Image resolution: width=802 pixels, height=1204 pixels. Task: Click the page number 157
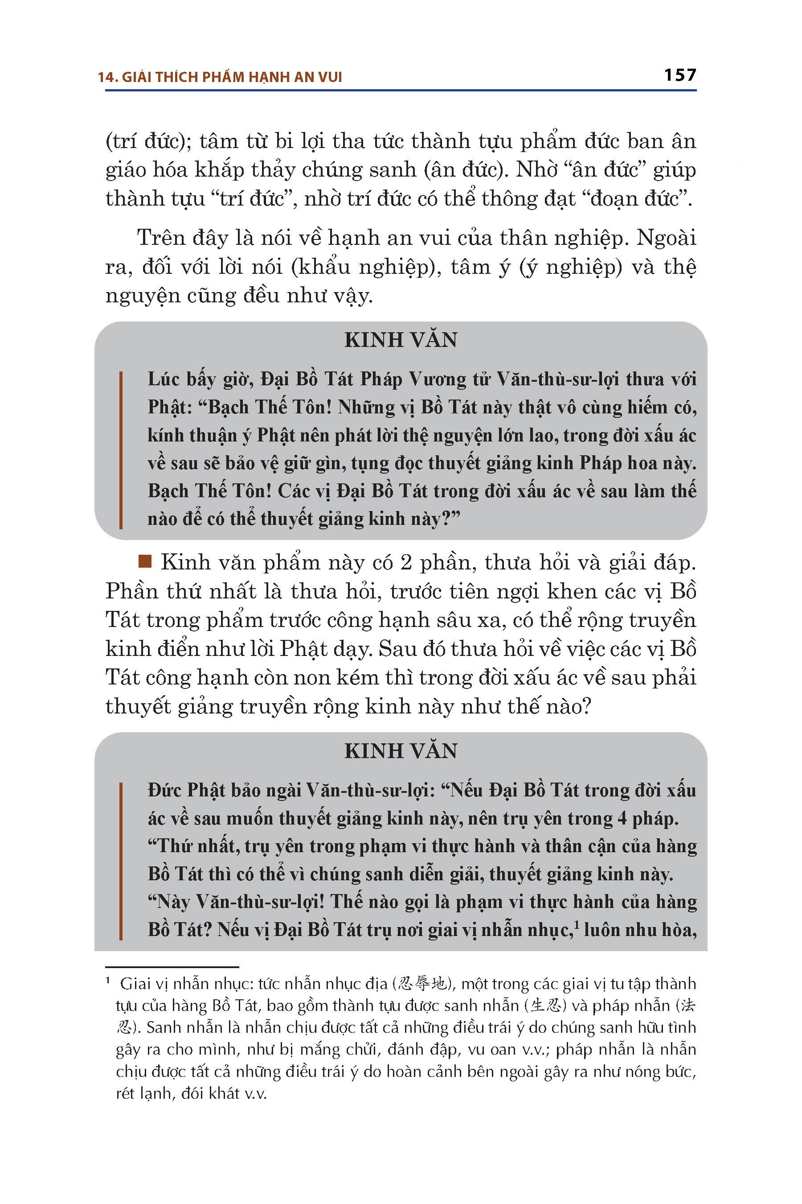tap(680, 75)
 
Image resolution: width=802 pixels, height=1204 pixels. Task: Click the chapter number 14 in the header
tap(107, 77)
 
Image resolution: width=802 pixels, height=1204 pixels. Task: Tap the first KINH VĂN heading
tap(401, 340)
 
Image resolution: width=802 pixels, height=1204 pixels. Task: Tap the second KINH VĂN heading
tap(401, 751)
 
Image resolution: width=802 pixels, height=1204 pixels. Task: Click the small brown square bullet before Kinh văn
tap(145, 561)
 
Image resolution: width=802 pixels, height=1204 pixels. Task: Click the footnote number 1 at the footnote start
tap(108, 981)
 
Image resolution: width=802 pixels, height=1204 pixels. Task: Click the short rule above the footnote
tap(172, 967)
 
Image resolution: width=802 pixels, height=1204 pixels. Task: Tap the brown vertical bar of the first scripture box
tap(121, 450)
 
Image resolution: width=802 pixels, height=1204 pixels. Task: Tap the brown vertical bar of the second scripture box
tap(121, 861)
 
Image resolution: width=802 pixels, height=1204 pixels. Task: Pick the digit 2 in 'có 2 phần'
tap(405, 563)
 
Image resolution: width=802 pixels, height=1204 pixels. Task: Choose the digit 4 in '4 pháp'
tap(622, 819)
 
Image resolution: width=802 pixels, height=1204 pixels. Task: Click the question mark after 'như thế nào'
tap(585, 707)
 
